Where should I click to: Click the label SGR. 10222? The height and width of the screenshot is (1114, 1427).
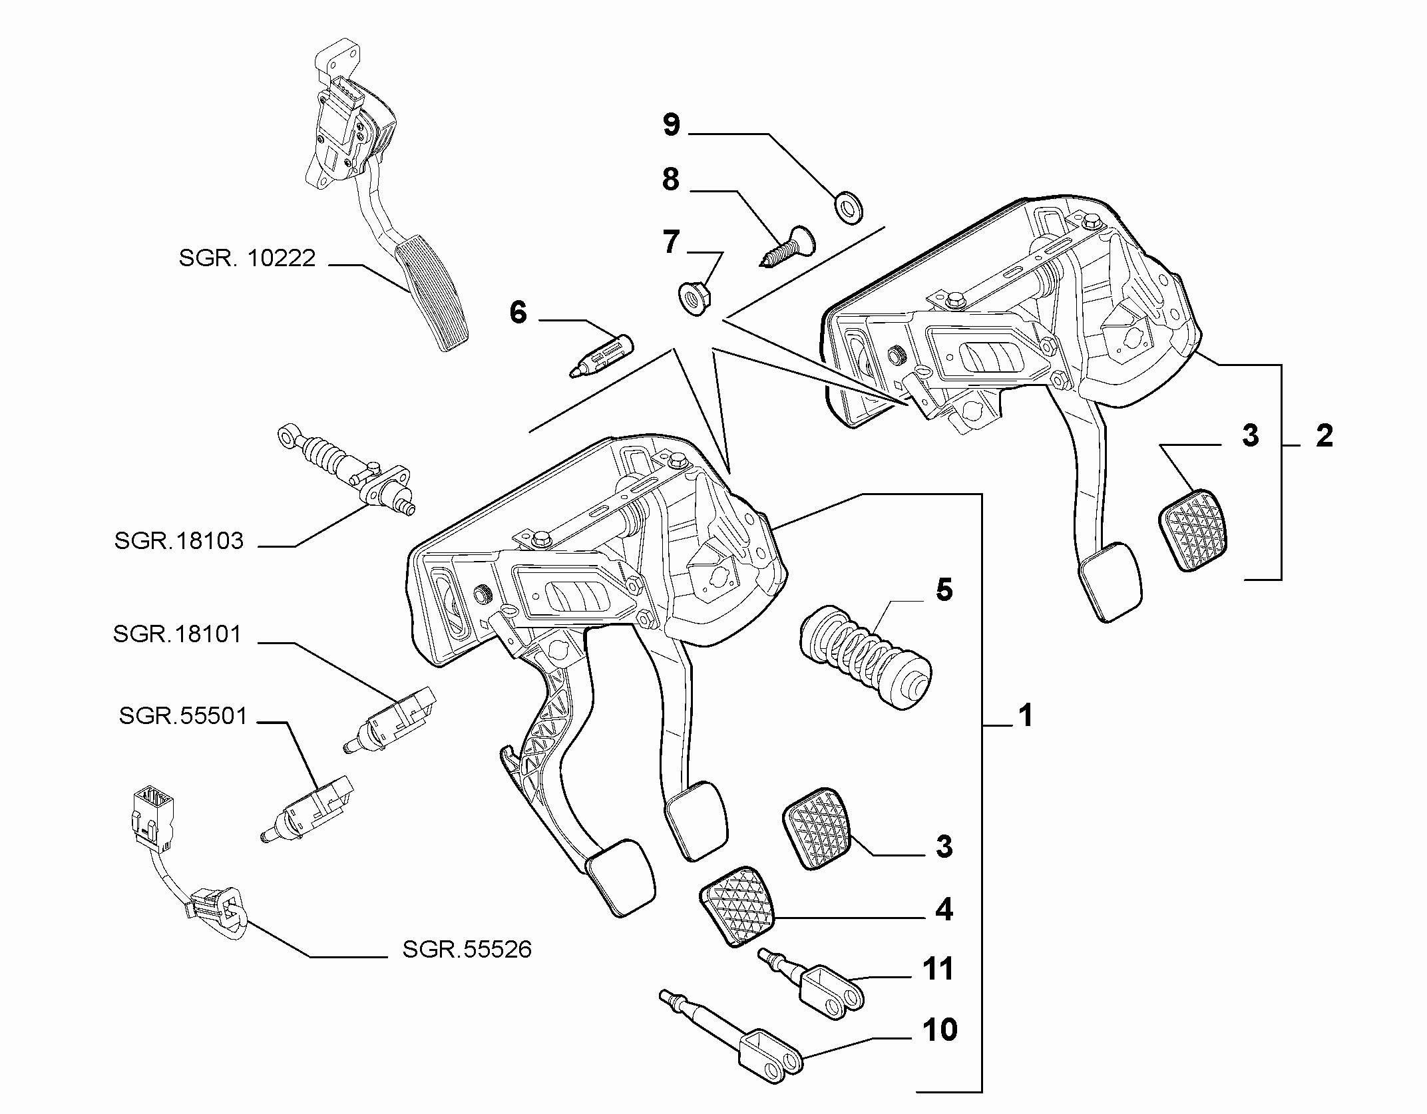point(247,258)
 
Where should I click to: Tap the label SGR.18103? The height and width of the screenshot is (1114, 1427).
point(179,540)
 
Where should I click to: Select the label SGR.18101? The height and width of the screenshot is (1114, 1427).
point(177,634)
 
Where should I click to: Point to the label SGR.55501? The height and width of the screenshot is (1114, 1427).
point(183,716)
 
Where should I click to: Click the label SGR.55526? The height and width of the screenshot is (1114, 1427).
point(467,949)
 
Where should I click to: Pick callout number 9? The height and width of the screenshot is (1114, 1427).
point(671,124)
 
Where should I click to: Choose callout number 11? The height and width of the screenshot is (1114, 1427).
point(938,969)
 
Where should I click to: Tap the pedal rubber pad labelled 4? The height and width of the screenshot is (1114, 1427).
point(737,906)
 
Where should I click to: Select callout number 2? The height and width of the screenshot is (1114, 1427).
point(1324,437)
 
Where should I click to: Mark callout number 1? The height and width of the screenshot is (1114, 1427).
point(1026,716)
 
